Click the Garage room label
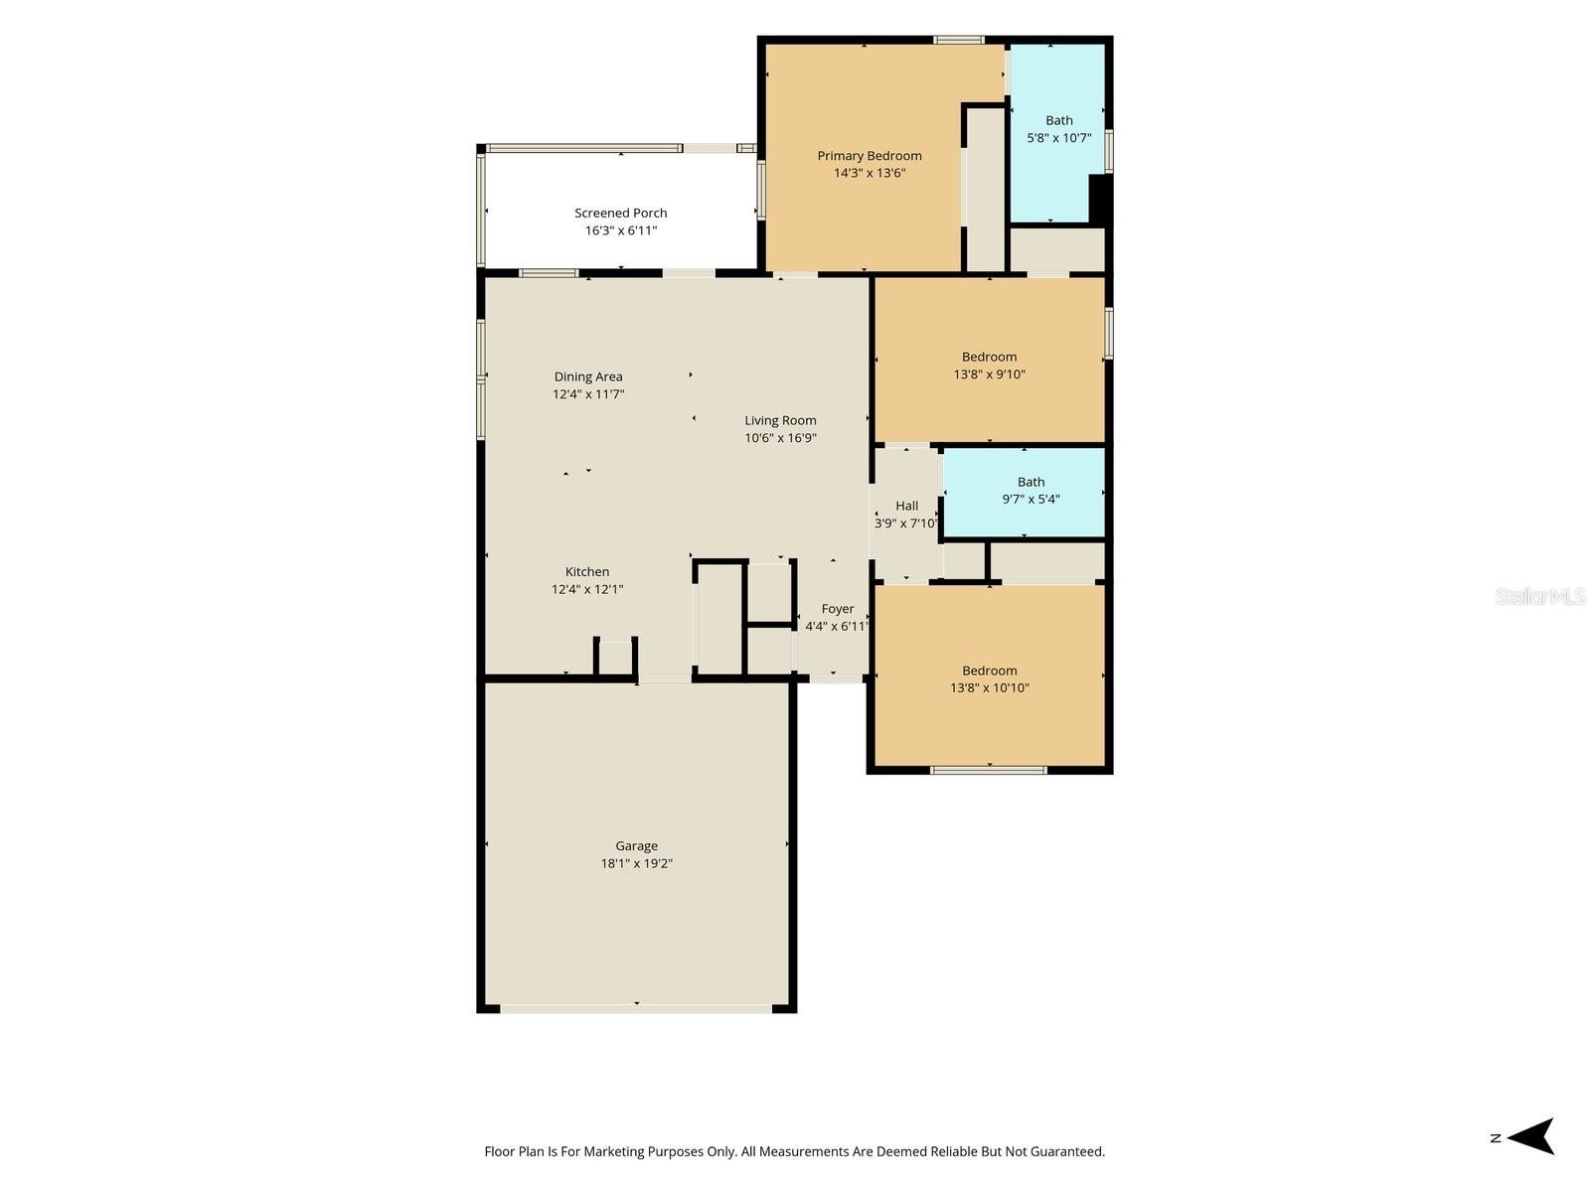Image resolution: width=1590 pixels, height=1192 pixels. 636,845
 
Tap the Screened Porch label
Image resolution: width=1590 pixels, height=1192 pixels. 620,213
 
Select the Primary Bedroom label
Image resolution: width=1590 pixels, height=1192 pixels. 870,156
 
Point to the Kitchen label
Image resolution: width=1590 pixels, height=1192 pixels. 586,572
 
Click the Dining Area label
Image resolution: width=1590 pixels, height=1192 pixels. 588,376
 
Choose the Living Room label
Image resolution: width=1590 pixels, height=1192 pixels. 780,420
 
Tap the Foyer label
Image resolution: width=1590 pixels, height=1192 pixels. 838,609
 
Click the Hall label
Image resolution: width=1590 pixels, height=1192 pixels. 906,506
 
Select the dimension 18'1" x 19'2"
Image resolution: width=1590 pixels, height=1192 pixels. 636,862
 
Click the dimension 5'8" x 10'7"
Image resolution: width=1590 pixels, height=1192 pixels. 1058,137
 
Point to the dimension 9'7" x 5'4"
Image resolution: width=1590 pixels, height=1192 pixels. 1031,499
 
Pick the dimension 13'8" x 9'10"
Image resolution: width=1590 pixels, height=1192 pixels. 989,374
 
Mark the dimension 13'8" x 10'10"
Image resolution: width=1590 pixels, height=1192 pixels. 989,687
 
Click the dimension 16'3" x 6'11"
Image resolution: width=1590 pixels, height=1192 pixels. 620,230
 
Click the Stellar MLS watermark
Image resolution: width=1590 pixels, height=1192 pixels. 1540,596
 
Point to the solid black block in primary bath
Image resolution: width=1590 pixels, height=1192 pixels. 1100,199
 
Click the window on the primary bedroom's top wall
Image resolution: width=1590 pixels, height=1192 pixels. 958,40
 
